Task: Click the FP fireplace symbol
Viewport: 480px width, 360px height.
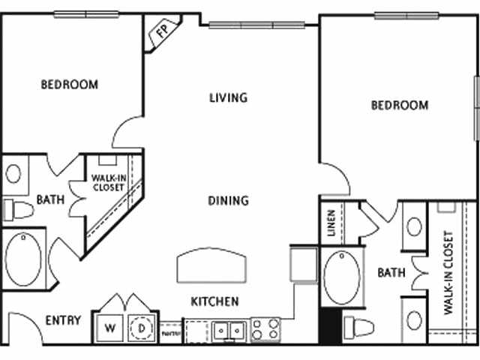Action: (161, 31)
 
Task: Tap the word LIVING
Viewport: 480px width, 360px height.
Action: (229, 97)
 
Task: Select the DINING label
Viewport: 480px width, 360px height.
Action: (229, 200)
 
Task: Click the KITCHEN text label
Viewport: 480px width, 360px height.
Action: (214, 301)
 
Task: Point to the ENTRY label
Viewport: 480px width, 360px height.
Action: (63, 320)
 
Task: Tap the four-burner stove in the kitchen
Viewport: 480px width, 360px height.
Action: (265, 328)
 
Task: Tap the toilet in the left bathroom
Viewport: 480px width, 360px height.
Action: (18, 209)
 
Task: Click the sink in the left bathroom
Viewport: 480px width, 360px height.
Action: (14, 173)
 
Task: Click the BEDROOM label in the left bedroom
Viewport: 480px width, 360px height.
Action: (69, 85)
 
